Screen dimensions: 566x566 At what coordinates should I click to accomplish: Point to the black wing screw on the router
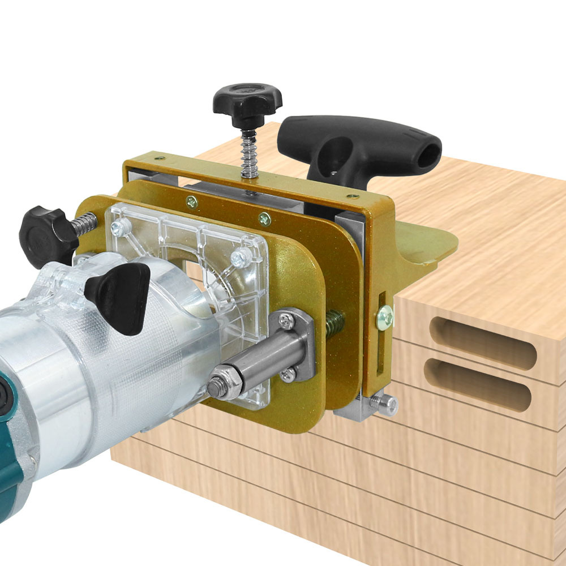pyautogui.click(x=120, y=294)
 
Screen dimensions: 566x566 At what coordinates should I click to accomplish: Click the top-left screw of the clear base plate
pyautogui.click(x=118, y=228)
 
